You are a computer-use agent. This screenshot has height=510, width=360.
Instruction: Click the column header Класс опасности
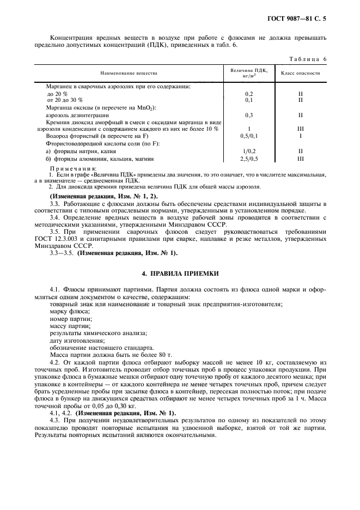[x=300, y=72]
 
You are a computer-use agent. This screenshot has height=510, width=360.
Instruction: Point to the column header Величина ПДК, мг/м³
[x=249, y=72]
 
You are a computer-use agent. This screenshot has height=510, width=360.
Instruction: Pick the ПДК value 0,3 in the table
[x=249, y=115]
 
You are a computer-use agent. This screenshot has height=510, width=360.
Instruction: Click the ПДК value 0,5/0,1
[x=249, y=136]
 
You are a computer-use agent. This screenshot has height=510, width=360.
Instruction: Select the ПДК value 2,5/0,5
[x=249, y=159]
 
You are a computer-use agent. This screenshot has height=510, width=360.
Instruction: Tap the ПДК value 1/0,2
[x=249, y=151]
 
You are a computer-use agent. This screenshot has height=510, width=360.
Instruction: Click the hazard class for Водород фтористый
[x=300, y=136]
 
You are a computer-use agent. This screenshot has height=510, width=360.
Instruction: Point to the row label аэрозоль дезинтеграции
[x=78, y=115]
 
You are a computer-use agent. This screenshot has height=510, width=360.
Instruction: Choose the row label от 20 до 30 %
[x=65, y=100]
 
